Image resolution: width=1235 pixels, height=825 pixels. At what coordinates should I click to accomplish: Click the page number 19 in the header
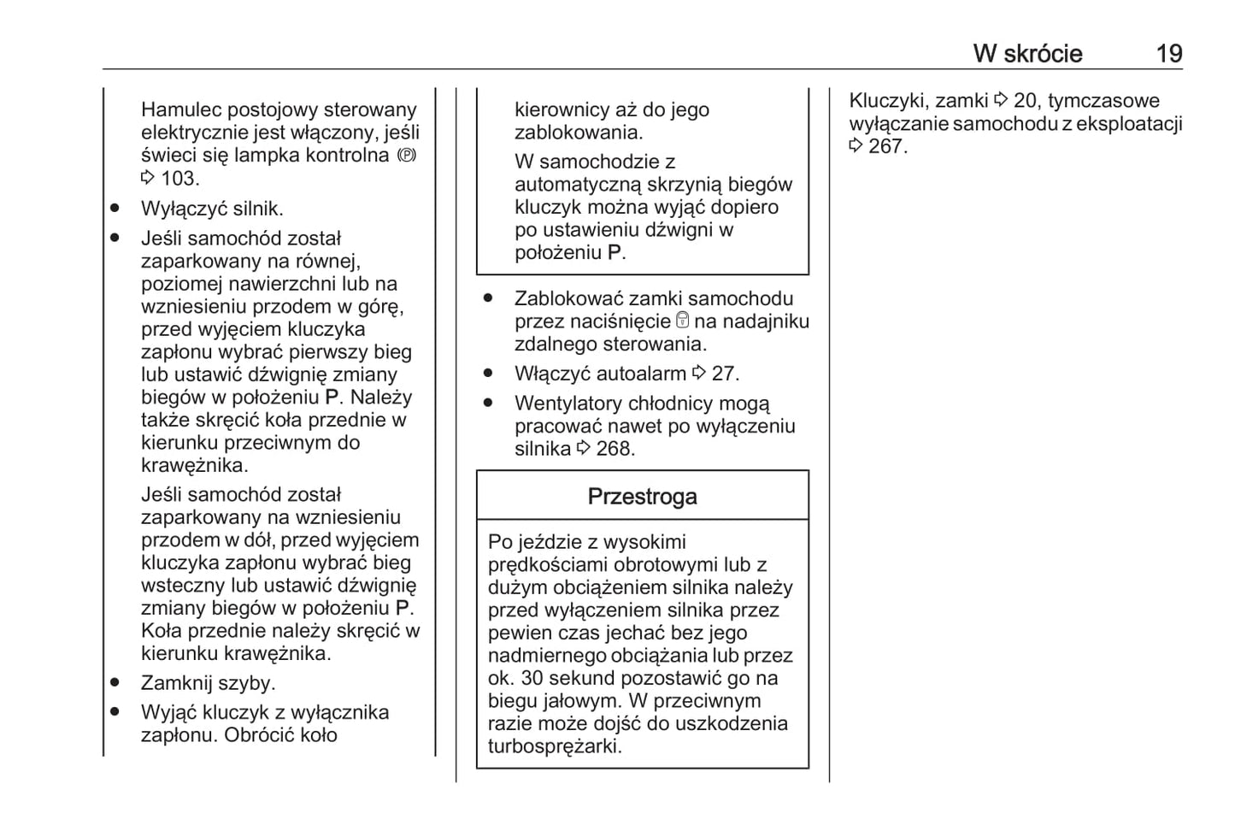1168,54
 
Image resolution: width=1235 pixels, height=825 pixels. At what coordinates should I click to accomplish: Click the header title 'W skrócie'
1027,54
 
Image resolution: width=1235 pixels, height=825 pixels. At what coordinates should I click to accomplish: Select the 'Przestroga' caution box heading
642,497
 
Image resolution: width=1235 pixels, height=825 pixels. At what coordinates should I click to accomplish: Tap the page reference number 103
179,179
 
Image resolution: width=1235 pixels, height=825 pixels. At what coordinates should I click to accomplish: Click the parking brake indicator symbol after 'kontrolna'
407,156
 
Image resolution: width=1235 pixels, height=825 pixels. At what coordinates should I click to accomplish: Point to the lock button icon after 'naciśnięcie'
682,321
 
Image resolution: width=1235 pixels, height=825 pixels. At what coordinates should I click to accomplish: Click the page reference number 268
615,449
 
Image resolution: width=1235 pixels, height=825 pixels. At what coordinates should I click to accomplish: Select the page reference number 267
887,146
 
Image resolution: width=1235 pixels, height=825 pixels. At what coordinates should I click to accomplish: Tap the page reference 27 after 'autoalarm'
725,374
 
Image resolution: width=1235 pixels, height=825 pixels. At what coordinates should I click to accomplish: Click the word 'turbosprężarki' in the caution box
554,746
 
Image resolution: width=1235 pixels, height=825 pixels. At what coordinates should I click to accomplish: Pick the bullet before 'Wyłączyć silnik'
115,209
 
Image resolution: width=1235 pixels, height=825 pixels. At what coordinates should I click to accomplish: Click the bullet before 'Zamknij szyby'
115,683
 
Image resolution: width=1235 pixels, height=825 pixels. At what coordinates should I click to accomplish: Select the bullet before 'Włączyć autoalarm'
488,374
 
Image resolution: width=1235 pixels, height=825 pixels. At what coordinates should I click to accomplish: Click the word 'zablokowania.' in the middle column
579,133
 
